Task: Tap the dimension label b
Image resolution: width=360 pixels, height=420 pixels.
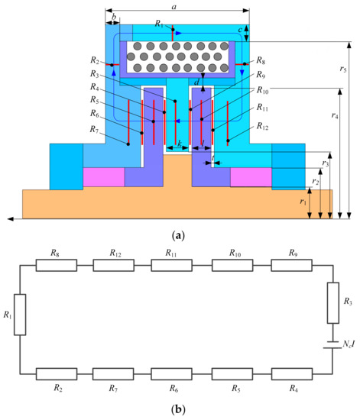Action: pos(114,16)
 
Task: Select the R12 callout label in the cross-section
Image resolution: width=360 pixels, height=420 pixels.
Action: pos(262,126)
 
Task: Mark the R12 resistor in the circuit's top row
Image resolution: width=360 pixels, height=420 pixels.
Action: pos(115,266)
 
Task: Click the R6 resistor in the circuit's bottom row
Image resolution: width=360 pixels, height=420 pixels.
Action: pos(174,373)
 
